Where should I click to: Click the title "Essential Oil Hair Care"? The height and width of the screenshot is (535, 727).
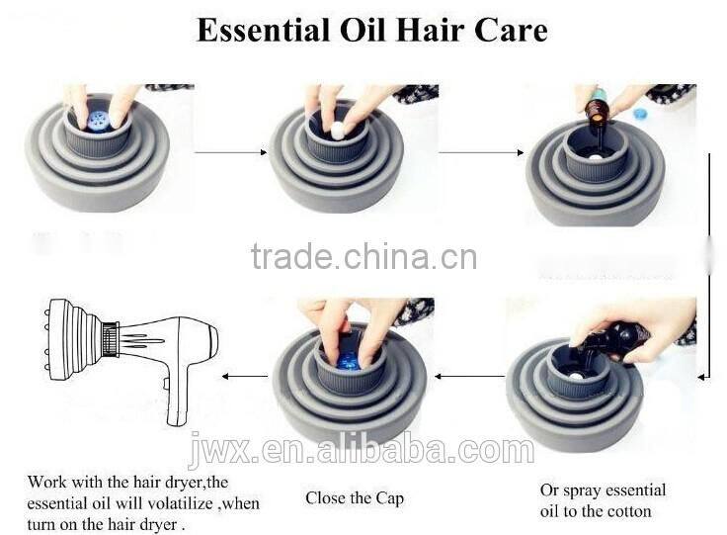[371, 30]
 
